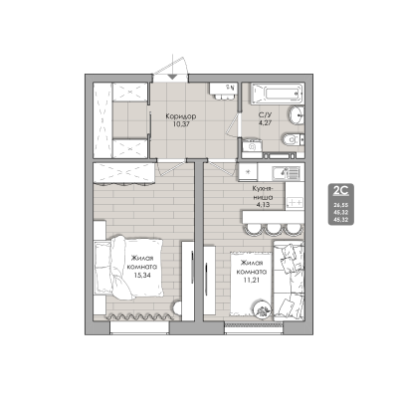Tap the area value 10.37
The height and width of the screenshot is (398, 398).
[x=180, y=126]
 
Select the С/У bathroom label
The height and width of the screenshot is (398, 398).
[x=265, y=116]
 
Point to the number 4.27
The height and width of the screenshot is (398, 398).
[x=265, y=126]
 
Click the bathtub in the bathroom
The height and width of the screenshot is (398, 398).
[x=274, y=94]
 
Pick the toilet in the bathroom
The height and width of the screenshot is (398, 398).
[x=293, y=139]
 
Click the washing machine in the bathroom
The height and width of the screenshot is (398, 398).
[x=251, y=150]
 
